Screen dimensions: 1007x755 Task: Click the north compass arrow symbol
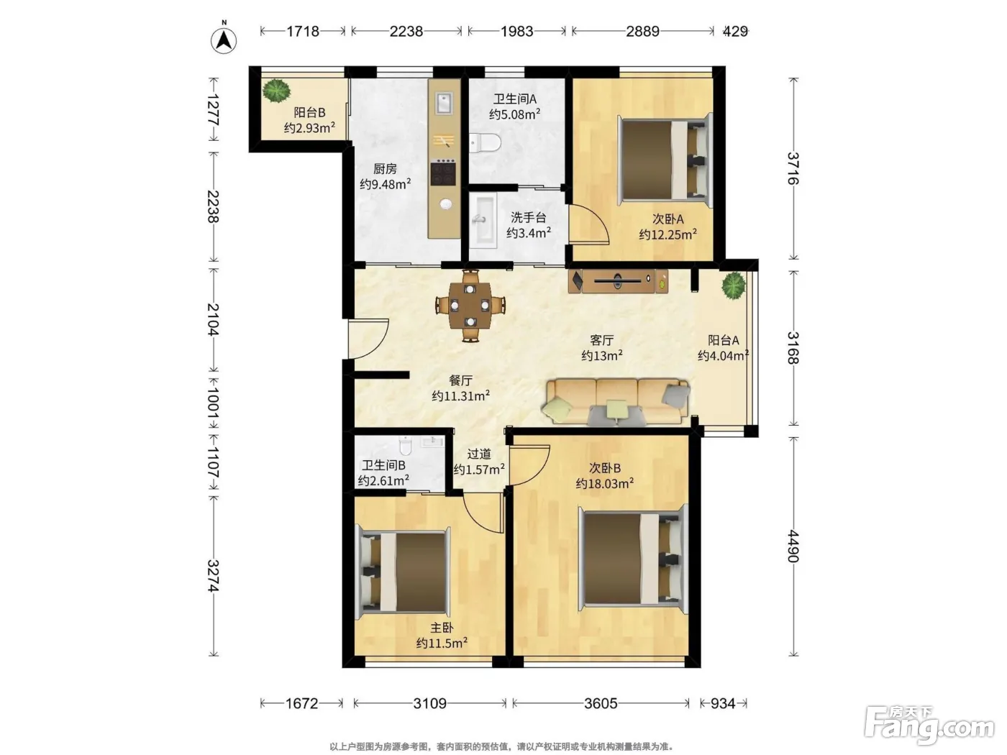(224, 40)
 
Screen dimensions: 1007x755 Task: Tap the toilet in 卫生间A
(485, 143)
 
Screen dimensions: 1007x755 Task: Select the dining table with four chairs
(470, 306)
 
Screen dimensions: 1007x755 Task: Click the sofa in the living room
(615, 401)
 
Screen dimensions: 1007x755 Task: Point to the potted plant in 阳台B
(276, 91)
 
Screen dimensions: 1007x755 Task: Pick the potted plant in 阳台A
(734, 286)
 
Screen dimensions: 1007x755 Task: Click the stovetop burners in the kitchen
(443, 173)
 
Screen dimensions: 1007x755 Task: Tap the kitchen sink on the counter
(444, 103)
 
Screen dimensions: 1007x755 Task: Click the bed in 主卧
(403, 572)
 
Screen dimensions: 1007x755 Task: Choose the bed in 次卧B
(633, 559)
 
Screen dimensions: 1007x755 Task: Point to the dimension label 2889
(642, 31)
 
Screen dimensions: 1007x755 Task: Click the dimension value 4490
(793, 546)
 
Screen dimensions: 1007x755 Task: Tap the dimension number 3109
(429, 703)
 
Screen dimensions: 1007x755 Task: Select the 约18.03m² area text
(605, 483)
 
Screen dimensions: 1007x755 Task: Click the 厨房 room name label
(384, 169)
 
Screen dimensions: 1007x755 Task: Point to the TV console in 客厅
(617, 281)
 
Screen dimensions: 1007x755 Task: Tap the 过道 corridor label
(479, 454)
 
